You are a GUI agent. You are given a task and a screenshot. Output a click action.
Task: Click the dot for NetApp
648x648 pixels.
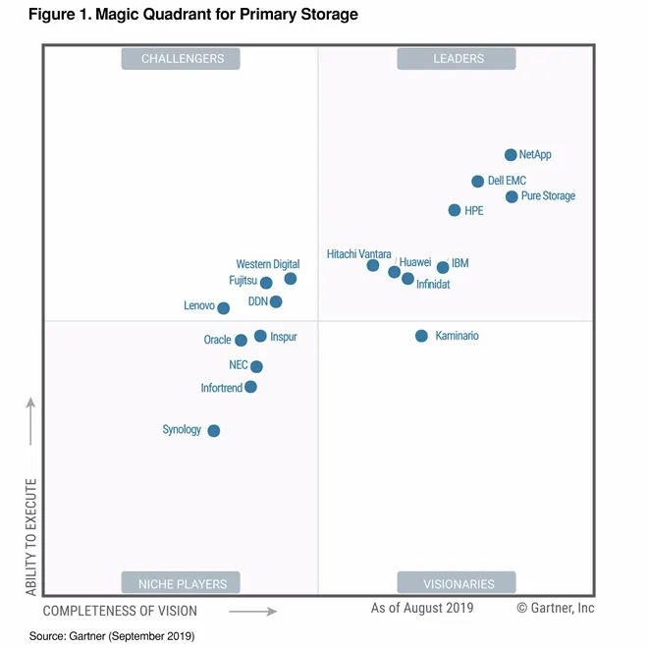pos(511,155)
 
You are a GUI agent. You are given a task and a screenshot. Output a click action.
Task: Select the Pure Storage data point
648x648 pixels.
pos(512,197)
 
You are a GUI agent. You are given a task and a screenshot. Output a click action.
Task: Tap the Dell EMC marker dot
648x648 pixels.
pos(478,182)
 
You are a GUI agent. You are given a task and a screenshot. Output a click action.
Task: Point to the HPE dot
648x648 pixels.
pos(455,210)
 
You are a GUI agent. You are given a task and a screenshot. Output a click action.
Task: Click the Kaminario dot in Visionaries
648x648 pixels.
pos(421,336)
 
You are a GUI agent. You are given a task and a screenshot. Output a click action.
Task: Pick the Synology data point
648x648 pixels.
pos(214,431)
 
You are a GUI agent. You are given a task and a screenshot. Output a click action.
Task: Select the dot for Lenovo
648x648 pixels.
pos(224,308)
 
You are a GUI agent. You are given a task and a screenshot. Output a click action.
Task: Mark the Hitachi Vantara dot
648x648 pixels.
pos(373,265)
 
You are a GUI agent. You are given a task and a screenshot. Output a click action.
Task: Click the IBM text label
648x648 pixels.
pos(459,264)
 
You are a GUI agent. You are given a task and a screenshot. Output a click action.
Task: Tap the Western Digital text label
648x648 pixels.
pos(267,264)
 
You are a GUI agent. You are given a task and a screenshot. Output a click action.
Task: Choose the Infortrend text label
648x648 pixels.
pos(221,388)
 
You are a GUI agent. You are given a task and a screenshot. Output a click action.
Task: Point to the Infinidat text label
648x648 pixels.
pos(433,285)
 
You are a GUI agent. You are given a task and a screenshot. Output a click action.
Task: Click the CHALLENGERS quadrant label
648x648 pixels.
pos(183,59)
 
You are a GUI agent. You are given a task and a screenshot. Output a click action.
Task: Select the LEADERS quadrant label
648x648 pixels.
pos(459,59)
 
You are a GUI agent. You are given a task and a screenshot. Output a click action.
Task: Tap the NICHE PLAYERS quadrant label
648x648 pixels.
pos(183,584)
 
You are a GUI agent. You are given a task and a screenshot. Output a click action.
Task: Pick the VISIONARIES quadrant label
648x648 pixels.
pos(459,584)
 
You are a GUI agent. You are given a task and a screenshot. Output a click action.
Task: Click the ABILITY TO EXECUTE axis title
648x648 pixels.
pos(31,536)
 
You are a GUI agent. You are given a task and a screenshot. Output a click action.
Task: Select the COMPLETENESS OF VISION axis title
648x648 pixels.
pos(120,611)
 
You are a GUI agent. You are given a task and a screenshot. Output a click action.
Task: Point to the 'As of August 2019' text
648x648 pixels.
pos(422,609)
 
